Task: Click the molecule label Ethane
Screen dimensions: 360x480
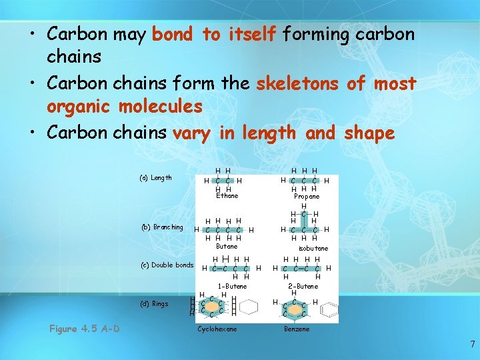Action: [227, 196]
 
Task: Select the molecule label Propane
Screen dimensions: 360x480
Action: [307, 197]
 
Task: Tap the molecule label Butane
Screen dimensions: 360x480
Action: [227, 247]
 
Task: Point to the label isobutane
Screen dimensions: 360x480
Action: [313, 248]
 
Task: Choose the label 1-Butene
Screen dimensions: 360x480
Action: [233, 286]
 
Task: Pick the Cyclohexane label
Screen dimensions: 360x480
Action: [217, 329]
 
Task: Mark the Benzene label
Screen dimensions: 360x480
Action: [297, 329]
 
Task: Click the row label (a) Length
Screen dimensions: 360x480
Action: [156, 178]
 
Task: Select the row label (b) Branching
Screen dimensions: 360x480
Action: [161, 227]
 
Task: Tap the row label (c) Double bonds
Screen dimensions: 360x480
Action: [167, 265]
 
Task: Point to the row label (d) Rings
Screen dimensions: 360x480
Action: [155, 304]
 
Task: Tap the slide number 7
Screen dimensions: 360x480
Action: [472, 345]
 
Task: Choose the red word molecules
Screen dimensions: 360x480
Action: [160, 107]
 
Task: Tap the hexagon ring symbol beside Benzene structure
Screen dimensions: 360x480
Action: [329, 308]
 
